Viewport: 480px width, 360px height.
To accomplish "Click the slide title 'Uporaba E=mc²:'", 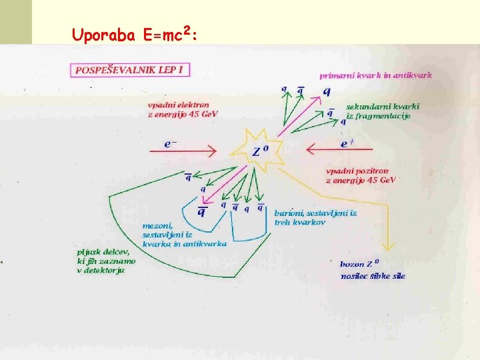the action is [134, 34].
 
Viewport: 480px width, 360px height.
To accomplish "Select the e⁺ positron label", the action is [347, 143].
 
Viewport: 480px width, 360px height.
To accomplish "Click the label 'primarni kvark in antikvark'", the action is [375, 75].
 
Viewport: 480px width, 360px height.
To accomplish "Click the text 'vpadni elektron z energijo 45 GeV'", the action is [183, 109].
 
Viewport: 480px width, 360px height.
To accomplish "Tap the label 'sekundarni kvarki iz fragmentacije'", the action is [382, 111].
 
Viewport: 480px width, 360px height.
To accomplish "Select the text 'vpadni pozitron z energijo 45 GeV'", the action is [361, 175].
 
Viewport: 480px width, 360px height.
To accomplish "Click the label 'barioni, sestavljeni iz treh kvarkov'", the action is [315, 217].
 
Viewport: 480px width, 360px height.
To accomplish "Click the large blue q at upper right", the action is [326, 91].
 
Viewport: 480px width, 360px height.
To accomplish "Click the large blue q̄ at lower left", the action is [201, 212].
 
